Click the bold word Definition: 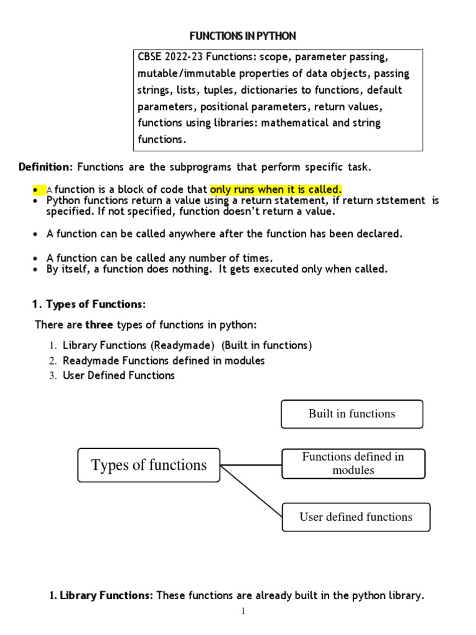tap(46, 167)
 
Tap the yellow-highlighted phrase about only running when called tap(276, 189)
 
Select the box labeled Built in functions tap(351, 414)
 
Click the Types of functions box tap(149, 465)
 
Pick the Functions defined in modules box tap(353, 463)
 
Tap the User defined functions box tap(356, 517)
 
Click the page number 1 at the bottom tap(244, 611)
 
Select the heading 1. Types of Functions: tap(89, 304)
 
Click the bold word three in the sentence tap(99, 325)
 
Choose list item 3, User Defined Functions tap(118, 375)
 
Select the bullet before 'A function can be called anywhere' tap(36, 234)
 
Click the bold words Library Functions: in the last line tap(105, 596)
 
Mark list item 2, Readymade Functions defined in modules tap(164, 360)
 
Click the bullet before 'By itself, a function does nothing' tap(36, 270)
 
